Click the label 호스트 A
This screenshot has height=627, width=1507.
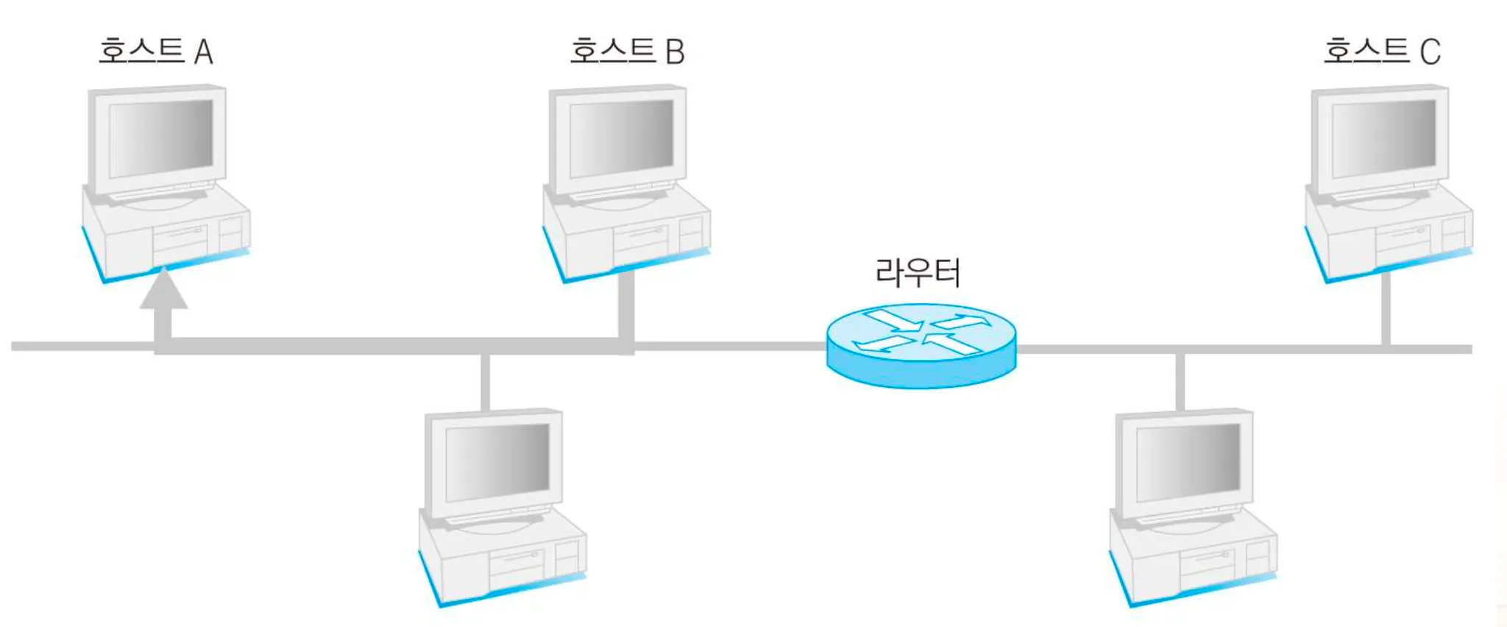point(155,52)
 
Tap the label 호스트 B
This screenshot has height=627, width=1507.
point(627,52)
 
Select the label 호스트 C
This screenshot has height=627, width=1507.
point(1381,52)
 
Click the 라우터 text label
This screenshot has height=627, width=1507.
point(918,273)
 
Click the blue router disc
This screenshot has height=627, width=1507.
point(921,346)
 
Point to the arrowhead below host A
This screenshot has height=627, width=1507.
point(163,289)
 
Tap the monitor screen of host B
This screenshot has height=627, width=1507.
point(622,138)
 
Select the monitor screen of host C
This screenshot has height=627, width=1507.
point(1383,138)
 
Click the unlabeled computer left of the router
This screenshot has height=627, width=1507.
point(500,508)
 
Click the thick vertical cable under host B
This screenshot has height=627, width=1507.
point(626,305)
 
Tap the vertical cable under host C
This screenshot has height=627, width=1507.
point(1386,309)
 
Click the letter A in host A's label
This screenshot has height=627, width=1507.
point(204,52)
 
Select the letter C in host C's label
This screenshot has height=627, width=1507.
point(1430,52)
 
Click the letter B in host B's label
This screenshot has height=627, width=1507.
point(675,52)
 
